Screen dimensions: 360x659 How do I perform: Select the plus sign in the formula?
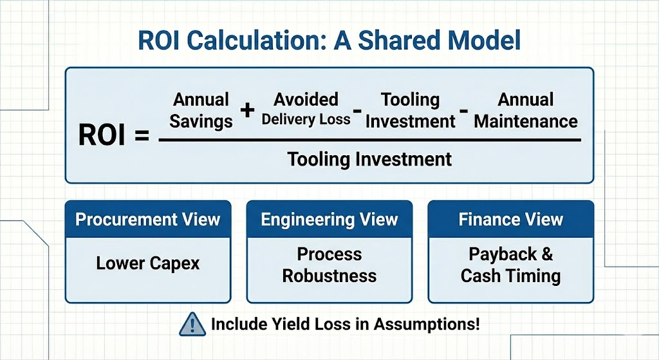click(247, 110)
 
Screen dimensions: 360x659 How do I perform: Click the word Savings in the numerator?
click(201, 121)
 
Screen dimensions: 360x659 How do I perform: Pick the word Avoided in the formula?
click(306, 99)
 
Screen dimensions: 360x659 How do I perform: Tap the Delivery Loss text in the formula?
click(306, 119)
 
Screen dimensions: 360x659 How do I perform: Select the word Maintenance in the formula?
click(526, 121)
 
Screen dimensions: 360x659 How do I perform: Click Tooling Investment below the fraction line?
click(369, 158)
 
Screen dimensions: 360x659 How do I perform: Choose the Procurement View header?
click(148, 220)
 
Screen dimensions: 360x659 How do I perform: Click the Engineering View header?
click(329, 220)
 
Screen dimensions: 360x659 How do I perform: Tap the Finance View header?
click(511, 220)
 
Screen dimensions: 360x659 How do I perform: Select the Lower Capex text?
click(148, 263)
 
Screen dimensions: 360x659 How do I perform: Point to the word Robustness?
click(329, 276)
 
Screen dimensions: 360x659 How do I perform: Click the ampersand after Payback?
click(546, 254)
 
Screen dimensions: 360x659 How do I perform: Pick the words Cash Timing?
click(511, 276)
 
